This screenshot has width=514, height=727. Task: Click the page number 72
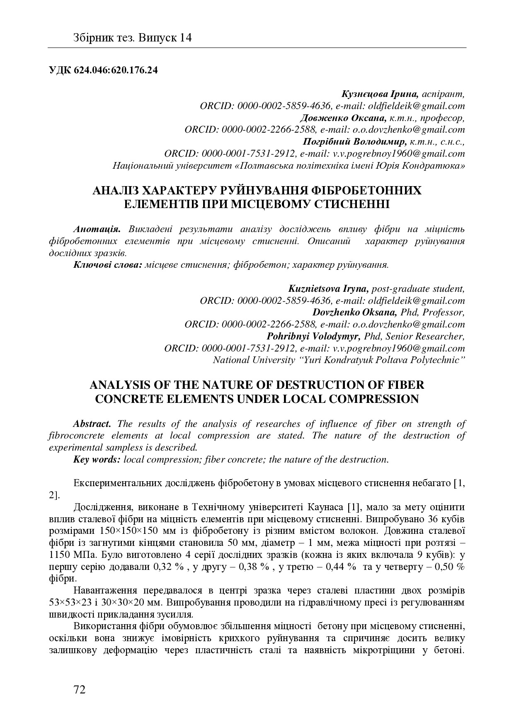[x=79, y=690]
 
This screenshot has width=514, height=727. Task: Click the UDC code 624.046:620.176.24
[x=103, y=70]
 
